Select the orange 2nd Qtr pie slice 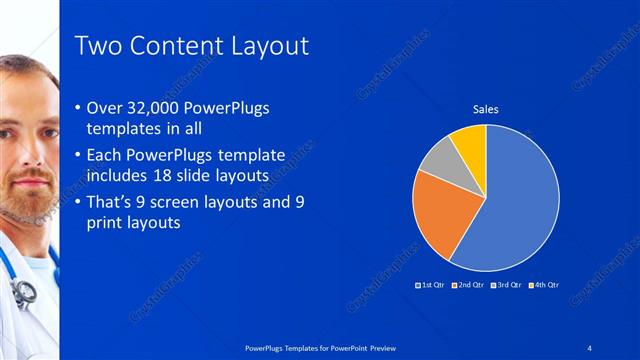click(441, 215)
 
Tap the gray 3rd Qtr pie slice click(438, 163)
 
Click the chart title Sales click(485, 109)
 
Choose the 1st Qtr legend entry click(431, 285)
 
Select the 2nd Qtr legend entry click(468, 285)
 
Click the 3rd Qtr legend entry click(506, 285)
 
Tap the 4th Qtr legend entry click(543, 285)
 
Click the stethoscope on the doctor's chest click(22, 290)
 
